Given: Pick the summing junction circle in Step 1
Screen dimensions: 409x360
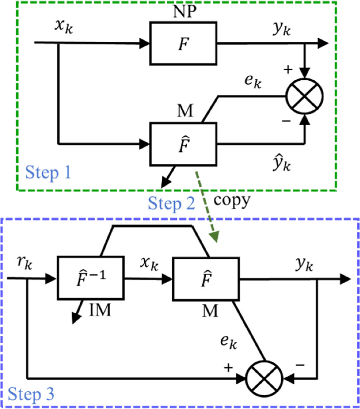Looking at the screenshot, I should click(304, 96).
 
